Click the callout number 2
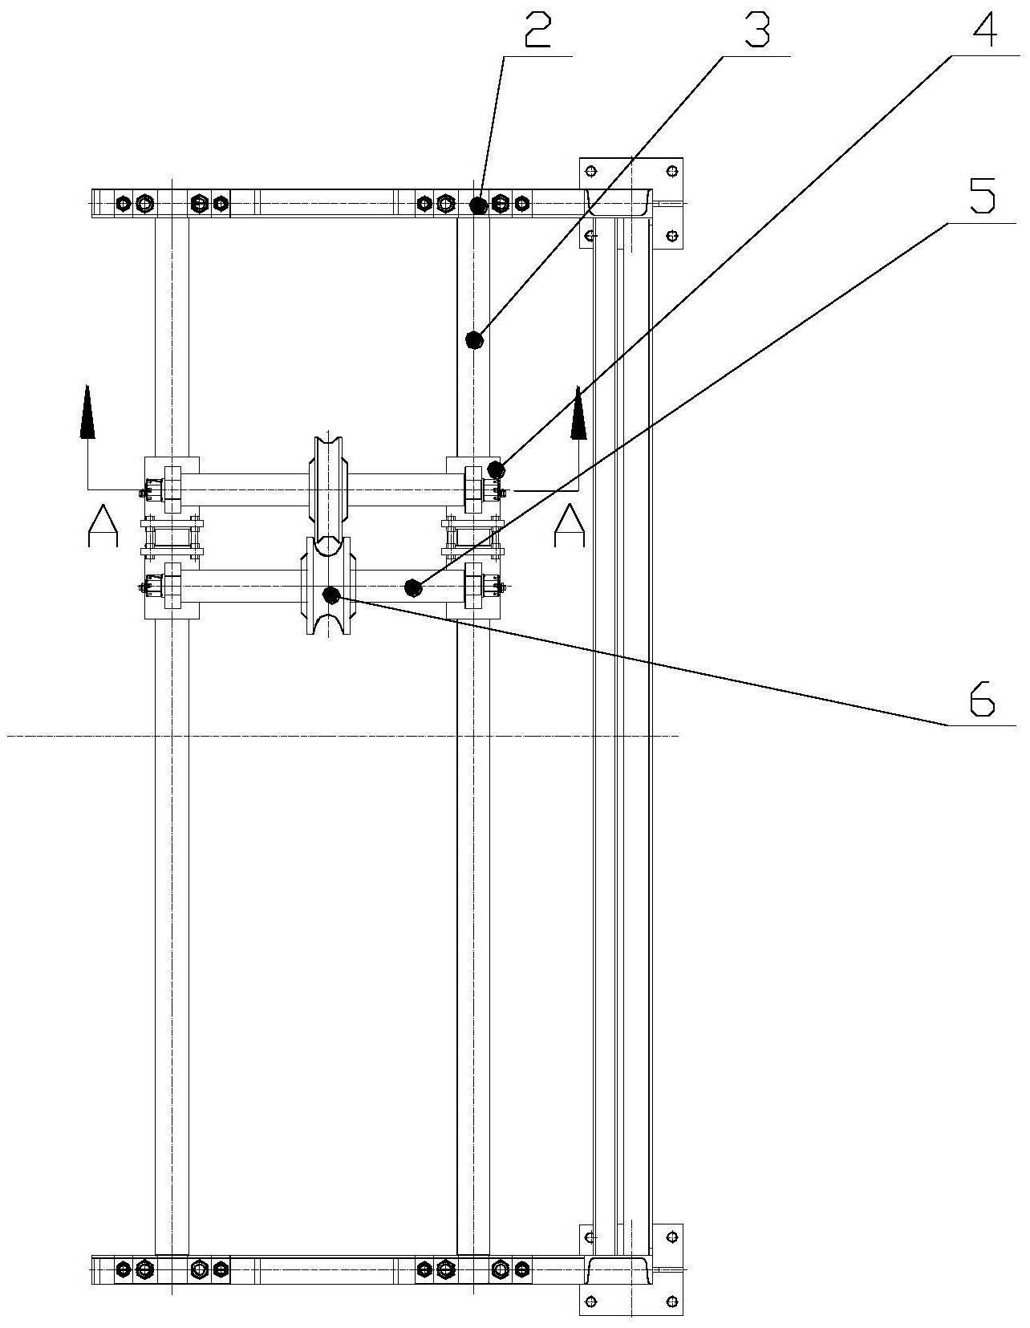(537, 30)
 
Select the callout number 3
(756, 30)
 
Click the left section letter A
(103, 526)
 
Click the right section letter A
(570, 526)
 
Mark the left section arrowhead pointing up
(87, 412)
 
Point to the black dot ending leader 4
(496, 470)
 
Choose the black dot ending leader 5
(414, 588)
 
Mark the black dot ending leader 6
(331, 594)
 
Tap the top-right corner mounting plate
(631, 203)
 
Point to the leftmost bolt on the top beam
(122, 203)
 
